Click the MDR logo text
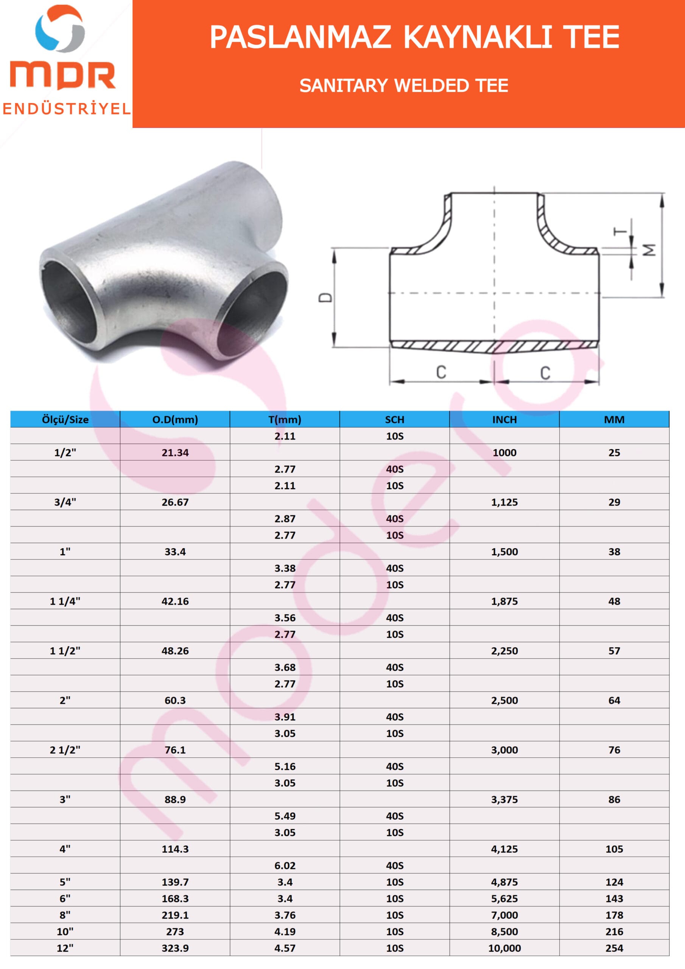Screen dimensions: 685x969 pyautogui.click(x=63, y=76)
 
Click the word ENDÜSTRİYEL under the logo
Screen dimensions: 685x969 pyautogui.click(x=67, y=109)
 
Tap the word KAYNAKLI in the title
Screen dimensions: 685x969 pyautogui.click(x=478, y=37)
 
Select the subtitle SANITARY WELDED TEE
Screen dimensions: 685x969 pyautogui.click(x=404, y=86)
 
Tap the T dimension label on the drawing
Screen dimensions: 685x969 pyautogui.click(x=620, y=232)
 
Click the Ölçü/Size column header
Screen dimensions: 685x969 pyautogui.click(x=65, y=419)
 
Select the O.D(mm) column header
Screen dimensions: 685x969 pyautogui.click(x=175, y=419)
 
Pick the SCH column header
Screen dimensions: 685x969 pyautogui.click(x=395, y=419)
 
